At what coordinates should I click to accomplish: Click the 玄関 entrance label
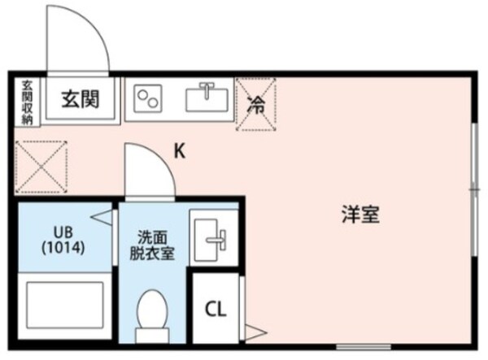coord(80,100)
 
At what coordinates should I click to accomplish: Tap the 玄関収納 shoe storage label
coord(27,102)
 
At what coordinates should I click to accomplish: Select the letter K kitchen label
coord(181,151)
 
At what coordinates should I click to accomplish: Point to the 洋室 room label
coord(360,216)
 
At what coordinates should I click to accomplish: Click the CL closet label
coord(215,309)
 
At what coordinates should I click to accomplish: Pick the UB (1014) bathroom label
coord(64,239)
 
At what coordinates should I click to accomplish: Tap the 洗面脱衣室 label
coord(153,244)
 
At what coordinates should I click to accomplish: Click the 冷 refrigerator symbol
coord(255,104)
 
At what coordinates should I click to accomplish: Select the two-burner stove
coord(146,100)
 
